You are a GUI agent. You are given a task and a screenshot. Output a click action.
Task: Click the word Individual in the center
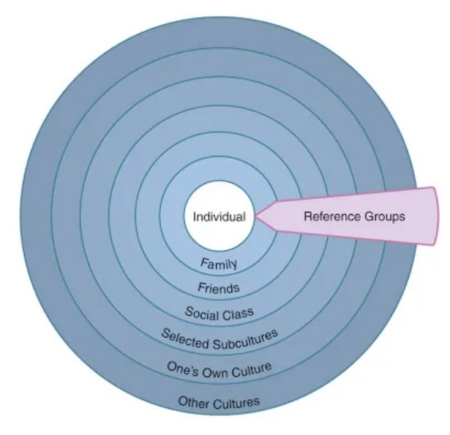pos(218,217)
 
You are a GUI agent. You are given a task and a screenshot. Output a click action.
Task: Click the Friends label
pos(219,287)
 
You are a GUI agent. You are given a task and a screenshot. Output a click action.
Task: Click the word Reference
pos(328,216)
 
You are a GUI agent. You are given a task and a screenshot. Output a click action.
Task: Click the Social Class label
pos(220,314)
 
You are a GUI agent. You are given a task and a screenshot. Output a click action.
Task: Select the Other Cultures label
pos(219,401)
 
